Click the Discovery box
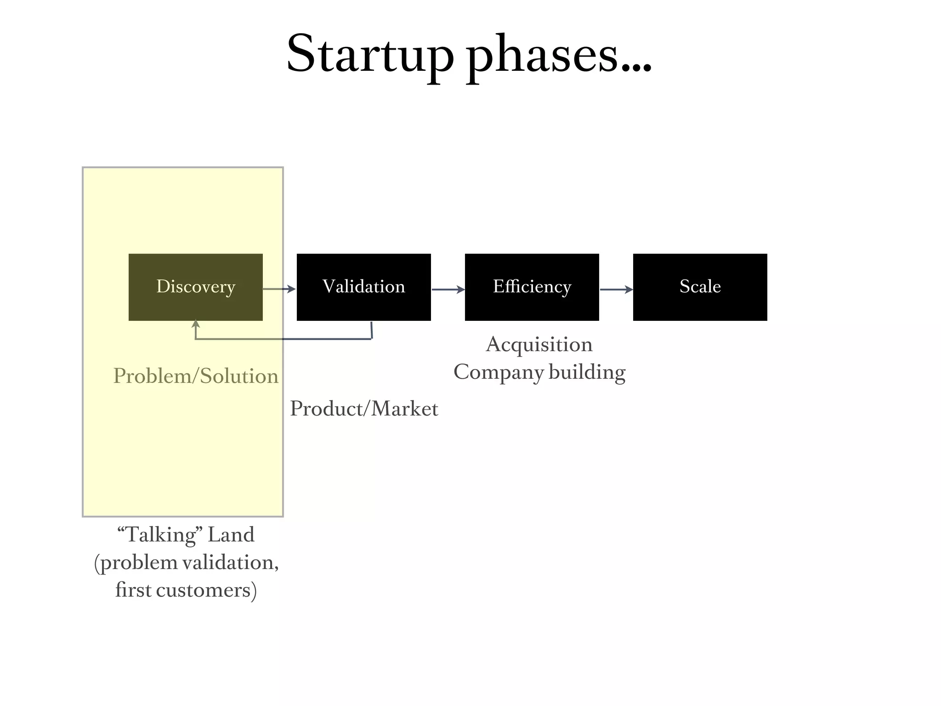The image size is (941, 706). tap(196, 287)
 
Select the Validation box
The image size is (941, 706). tap(363, 287)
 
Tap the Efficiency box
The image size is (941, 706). tap(532, 287)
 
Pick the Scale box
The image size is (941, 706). tap(700, 287)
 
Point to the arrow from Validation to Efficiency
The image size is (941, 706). tap(448, 290)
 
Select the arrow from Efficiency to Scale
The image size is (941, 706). tap(616, 290)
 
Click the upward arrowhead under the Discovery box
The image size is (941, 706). tap(196, 324)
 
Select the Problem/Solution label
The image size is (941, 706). tap(196, 376)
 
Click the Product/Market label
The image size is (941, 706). tap(364, 409)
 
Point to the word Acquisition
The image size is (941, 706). tap(539, 344)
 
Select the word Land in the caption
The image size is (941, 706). tap(231, 535)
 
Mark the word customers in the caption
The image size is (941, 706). tap(206, 590)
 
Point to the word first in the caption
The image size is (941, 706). tap(133, 590)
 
